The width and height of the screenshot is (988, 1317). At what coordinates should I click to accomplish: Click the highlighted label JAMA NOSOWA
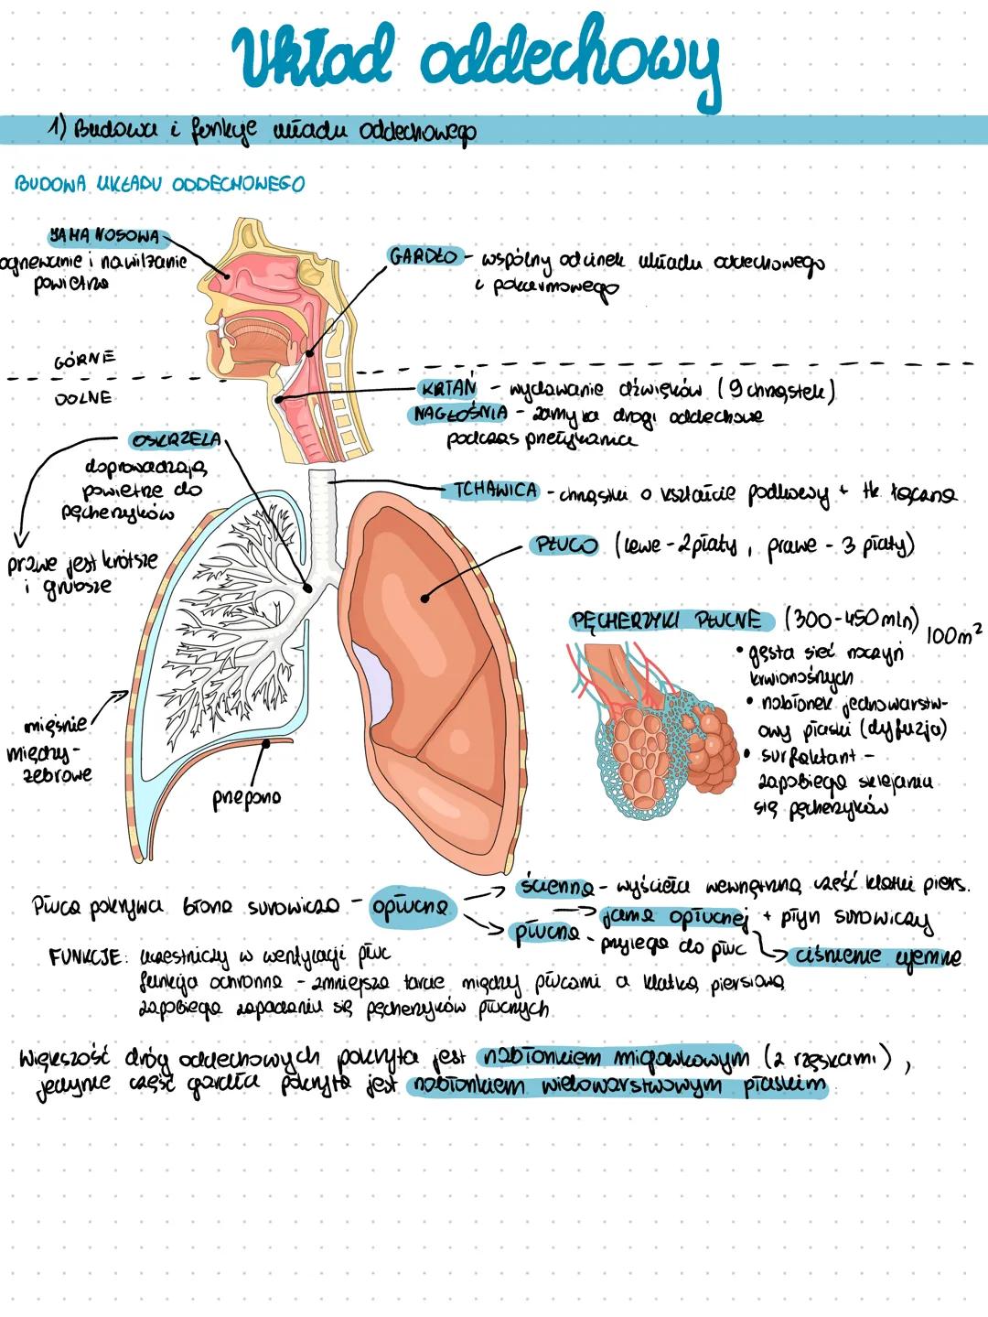coord(105,236)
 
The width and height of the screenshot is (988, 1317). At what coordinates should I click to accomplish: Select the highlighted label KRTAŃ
coord(449,390)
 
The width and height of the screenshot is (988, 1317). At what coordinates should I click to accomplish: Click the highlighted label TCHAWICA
coord(495,491)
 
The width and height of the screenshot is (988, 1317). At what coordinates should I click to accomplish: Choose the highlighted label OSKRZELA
coord(176,440)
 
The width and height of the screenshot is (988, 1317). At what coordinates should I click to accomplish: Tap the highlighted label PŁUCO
coord(564,545)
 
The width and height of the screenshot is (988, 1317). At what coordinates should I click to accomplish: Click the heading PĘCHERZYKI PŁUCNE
coord(667,621)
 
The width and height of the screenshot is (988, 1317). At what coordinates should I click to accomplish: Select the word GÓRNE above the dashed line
coord(85,360)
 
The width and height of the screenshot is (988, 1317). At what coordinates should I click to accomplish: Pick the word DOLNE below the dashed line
coord(83,398)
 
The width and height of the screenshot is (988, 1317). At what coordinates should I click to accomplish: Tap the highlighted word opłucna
coord(411,907)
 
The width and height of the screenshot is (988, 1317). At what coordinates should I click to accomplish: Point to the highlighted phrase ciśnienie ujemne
coord(877,956)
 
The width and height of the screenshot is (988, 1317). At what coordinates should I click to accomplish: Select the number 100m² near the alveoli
coord(953,633)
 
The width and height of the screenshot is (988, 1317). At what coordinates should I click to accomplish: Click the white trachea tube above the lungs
coord(320,513)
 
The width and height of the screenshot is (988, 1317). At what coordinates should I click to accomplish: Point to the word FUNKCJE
coord(85,957)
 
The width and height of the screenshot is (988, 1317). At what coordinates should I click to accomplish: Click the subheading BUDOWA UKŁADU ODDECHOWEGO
coord(159,185)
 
